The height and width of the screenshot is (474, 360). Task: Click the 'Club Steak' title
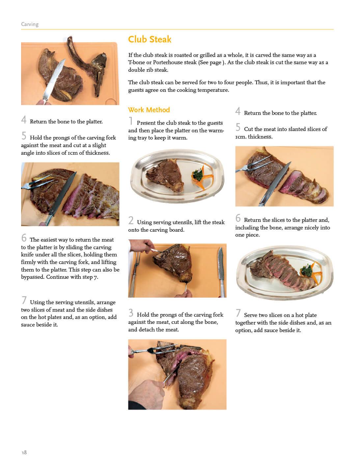[150, 39]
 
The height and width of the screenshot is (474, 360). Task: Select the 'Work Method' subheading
[149, 110]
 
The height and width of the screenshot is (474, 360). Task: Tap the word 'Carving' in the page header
[30, 24]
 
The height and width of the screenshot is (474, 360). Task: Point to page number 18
[24, 452]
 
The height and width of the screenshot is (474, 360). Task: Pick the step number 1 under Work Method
[130, 121]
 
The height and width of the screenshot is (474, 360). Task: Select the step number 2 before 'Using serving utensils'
[131, 220]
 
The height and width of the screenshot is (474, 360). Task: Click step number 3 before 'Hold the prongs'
[131, 313]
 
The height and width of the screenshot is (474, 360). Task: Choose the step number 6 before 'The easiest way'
[24, 238]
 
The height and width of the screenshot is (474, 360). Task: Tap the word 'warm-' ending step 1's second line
[216, 130]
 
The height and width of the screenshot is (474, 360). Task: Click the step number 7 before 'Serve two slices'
[238, 313]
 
